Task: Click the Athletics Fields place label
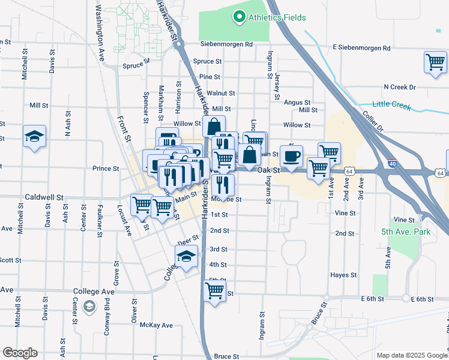click(x=277, y=17)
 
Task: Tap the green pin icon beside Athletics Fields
click(x=240, y=17)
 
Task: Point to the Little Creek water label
click(x=391, y=104)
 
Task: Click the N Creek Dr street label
click(x=399, y=87)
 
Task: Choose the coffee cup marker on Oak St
click(x=291, y=157)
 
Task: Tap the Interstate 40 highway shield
click(x=393, y=163)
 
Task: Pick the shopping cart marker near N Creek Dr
click(x=435, y=62)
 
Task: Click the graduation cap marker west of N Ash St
click(x=34, y=137)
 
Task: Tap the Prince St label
click(x=106, y=169)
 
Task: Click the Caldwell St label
click(x=44, y=197)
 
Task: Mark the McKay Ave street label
click(x=156, y=325)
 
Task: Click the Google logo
click(x=20, y=353)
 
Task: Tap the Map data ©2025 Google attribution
click(x=411, y=355)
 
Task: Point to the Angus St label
click(x=297, y=103)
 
